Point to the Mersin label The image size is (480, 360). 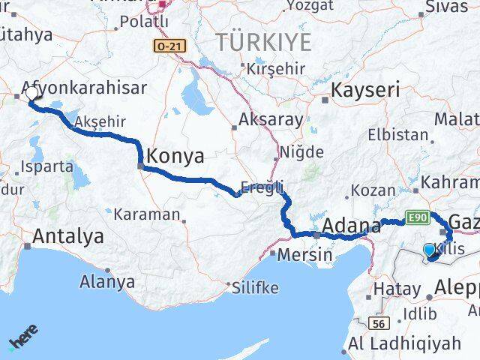point(304,254)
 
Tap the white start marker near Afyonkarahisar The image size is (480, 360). point(32,94)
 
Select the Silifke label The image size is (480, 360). point(255,288)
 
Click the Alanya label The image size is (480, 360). point(110,283)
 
